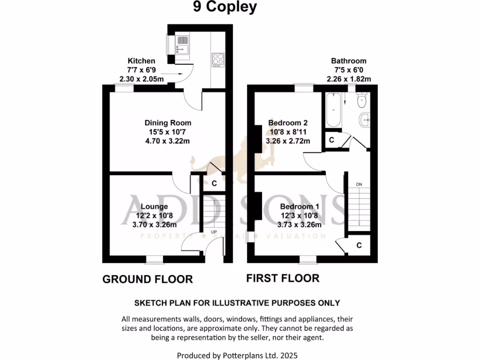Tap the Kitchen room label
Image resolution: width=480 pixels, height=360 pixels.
coord(141,61)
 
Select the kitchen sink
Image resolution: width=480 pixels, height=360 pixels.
coord(182,45)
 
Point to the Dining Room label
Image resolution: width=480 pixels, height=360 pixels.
coord(167,123)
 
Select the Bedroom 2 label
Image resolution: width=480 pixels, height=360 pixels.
coord(287,123)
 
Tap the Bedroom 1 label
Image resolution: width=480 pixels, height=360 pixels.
coord(300,206)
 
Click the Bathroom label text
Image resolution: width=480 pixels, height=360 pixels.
coord(349,61)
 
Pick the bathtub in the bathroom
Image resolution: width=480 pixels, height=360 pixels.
coord(333,111)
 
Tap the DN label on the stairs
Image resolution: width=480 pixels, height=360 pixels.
coord(359,184)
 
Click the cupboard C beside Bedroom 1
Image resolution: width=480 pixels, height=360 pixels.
coord(359,245)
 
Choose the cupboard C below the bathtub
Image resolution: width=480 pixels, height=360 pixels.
coord(331,140)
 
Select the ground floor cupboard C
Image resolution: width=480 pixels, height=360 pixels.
coord(214,184)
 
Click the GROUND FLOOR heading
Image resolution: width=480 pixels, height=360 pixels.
coord(148,279)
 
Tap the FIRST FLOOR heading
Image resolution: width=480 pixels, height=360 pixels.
coord(283,278)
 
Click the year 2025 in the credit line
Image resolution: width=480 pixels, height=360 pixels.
coord(288,356)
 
